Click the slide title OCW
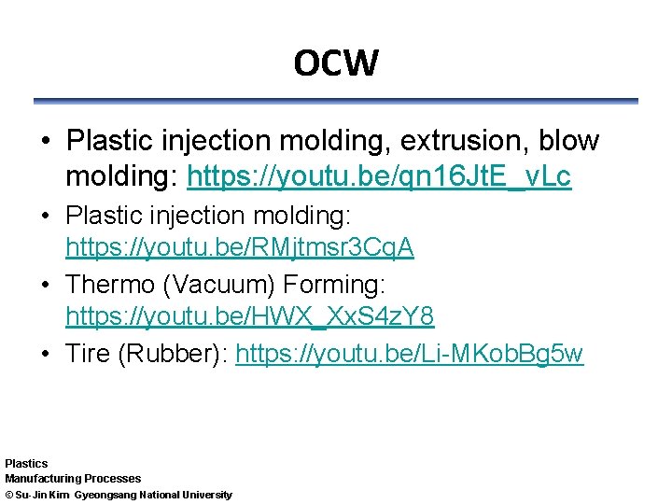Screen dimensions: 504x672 336,63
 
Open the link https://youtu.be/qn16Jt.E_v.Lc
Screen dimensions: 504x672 379,176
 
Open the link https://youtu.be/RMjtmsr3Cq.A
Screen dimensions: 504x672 239,247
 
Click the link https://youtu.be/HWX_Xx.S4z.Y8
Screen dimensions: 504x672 249,317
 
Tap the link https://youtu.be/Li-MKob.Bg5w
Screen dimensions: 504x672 410,354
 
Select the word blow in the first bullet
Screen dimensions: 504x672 569,142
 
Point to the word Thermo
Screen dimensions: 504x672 113,283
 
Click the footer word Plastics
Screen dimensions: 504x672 26,463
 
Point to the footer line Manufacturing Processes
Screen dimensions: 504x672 73,479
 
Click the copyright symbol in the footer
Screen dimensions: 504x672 8,495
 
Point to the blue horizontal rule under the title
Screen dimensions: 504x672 336,101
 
